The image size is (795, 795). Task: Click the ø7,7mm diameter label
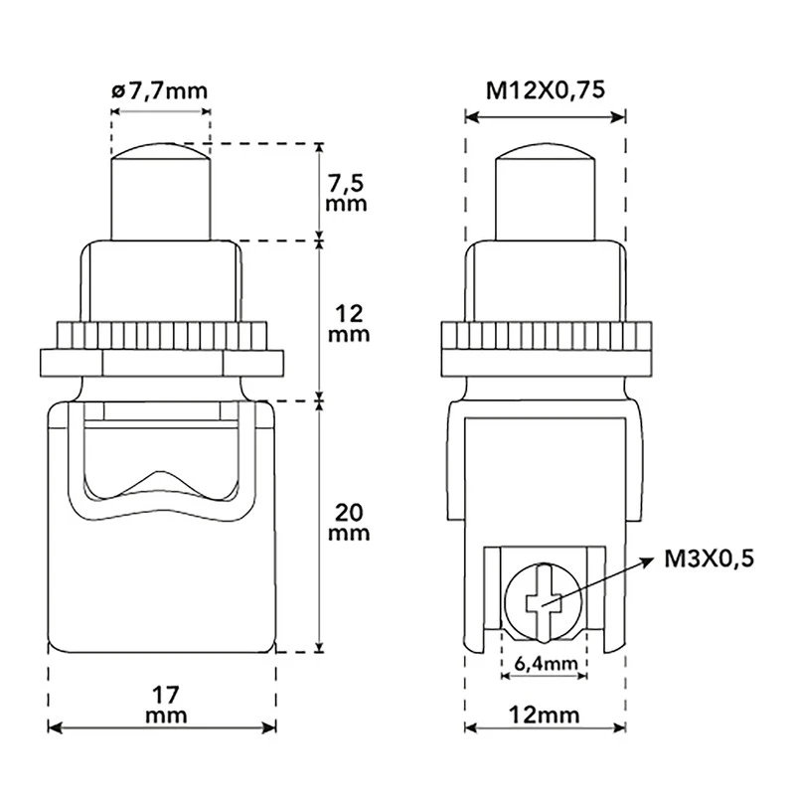[159, 91]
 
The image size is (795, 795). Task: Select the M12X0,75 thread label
[546, 90]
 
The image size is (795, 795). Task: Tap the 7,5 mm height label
[346, 193]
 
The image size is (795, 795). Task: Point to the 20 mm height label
[349, 523]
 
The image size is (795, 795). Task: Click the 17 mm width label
[166, 705]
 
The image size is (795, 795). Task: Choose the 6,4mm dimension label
[545, 662]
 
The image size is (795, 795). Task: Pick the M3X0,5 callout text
[709, 558]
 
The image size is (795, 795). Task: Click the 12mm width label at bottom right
[544, 715]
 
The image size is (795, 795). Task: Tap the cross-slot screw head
[544, 602]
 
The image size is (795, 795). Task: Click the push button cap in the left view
[160, 192]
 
